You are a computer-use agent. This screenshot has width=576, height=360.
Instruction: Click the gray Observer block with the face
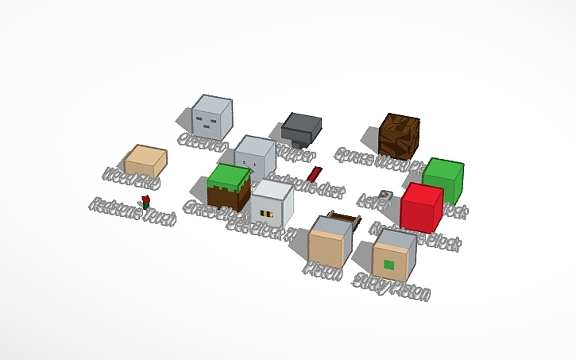(213, 118)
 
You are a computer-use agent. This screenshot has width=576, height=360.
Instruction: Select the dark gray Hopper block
(302, 127)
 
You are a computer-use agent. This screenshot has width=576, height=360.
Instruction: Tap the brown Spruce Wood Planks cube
(399, 136)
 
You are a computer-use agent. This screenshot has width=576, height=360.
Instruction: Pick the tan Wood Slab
(146, 161)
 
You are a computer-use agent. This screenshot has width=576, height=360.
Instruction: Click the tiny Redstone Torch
(145, 201)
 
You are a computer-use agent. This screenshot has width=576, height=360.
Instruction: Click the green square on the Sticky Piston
(389, 265)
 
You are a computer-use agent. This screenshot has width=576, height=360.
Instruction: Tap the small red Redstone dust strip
(315, 174)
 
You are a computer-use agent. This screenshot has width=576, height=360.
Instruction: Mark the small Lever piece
(385, 196)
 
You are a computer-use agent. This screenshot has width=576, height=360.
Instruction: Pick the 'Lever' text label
(373, 201)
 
